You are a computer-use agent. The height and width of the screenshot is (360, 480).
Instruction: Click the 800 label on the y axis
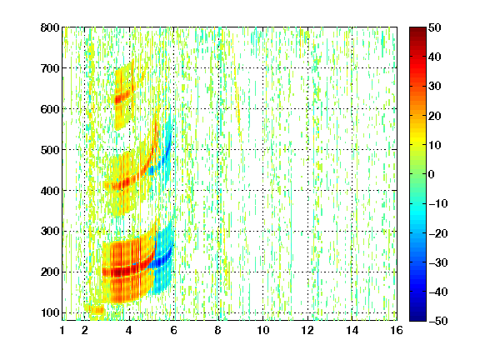pos(50,27)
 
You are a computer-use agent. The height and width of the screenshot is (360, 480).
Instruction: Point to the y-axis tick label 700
pos(50,68)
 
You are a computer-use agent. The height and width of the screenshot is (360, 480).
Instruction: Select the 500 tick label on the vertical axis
pos(50,150)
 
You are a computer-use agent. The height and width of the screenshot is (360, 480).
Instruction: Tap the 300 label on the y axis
pos(50,232)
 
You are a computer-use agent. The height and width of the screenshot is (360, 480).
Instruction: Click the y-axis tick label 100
pos(50,312)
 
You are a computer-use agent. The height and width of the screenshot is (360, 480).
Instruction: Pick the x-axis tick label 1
pos(62,330)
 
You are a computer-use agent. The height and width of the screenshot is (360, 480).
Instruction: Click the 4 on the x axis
pos(129,330)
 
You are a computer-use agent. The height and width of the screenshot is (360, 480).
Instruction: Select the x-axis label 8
pos(218,330)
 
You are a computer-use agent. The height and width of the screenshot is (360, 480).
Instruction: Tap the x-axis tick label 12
pos(307,330)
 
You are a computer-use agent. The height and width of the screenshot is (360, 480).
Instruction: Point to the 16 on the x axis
pos(397,330)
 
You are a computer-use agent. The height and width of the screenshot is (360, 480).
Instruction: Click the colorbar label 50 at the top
pos(434,27)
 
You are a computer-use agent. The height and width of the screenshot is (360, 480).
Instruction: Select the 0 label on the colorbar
pos(432,174)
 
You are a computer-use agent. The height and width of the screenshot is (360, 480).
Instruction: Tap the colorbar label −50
pos(437,321)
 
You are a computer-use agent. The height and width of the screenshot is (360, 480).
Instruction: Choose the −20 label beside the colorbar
pos(437,233)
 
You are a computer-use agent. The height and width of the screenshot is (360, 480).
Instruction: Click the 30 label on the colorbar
pos(434,87)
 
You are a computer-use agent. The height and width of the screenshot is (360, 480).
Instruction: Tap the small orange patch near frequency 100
pos(97,310)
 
